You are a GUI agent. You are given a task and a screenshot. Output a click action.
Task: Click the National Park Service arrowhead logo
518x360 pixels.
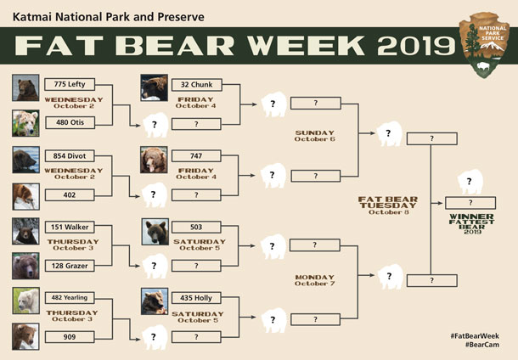[x=487, y=44]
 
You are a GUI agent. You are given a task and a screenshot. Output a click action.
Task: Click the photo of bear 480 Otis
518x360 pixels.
[x=25, y=123]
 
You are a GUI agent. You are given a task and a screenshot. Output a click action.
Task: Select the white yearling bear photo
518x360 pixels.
[x=25, y=300]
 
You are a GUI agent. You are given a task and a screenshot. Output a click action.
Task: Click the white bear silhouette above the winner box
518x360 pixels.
[x=470, y=182]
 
